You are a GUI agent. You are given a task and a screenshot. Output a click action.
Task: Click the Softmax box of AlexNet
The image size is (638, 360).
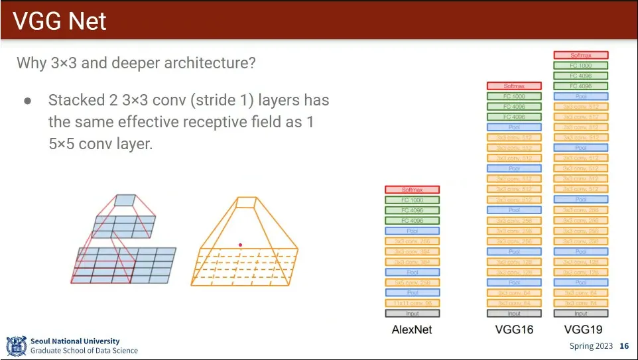tap(412, 190)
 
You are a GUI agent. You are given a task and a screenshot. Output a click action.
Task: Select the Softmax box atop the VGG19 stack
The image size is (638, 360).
tap(580, 55)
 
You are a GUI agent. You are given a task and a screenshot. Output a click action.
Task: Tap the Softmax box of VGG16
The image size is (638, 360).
tap(514, 86)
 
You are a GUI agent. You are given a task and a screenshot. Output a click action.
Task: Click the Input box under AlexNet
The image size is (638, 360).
tap(412, 314)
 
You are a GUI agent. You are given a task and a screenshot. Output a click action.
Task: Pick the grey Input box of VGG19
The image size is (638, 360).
tap(580, 314)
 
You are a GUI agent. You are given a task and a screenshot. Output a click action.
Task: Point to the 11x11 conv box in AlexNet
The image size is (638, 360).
tap(412, 303)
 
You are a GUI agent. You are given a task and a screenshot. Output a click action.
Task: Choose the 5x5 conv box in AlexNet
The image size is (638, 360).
tap(412, 282)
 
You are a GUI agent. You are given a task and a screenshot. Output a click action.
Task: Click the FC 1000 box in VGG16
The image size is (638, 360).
tap(514, 96)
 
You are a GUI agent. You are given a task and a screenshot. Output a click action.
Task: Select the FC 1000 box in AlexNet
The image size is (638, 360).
tap(412, 200)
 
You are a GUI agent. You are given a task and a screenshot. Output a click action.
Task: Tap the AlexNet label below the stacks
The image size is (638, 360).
tap(412, 330)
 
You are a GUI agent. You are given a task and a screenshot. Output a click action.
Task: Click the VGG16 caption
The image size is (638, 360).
tap(514, 330)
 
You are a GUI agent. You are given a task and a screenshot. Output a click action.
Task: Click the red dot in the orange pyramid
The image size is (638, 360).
tap(241, 245)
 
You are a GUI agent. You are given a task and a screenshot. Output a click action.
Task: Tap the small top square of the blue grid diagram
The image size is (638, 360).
tap(124, 200)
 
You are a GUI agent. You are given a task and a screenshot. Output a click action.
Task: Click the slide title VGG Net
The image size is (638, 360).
tap(60, 21)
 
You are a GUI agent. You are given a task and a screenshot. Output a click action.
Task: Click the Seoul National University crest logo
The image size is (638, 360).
tap(16, 345)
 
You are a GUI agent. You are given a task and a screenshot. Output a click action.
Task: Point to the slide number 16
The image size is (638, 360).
tap(624, 346)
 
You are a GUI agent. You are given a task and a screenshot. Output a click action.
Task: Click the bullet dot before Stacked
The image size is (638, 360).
tap(28, 101)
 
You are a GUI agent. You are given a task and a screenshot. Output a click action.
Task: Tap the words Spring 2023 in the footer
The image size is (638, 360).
tap(591, 346)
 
